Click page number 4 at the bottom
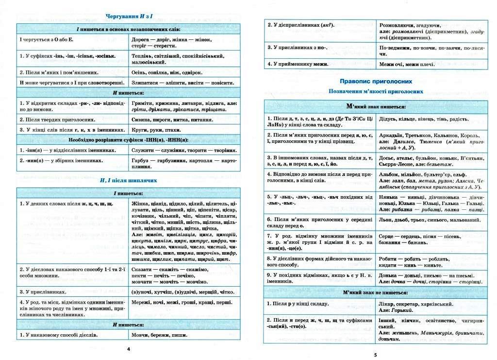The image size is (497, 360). pyautogui.click(x=128, y=349)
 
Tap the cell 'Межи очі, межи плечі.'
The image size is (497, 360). pyautogui.click(x=407, y=64)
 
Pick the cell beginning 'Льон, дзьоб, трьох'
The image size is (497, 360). pyautogui.click(x=422, y=220)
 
